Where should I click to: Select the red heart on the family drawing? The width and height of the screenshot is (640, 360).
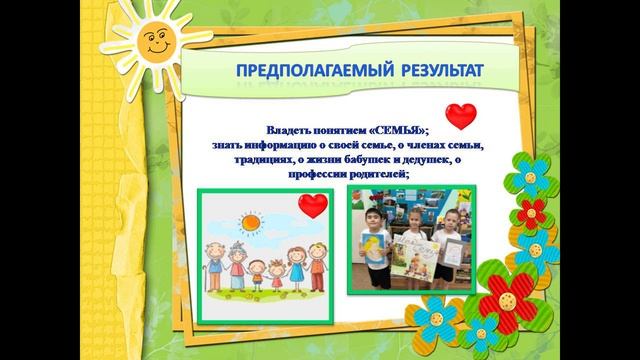(312, 207)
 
